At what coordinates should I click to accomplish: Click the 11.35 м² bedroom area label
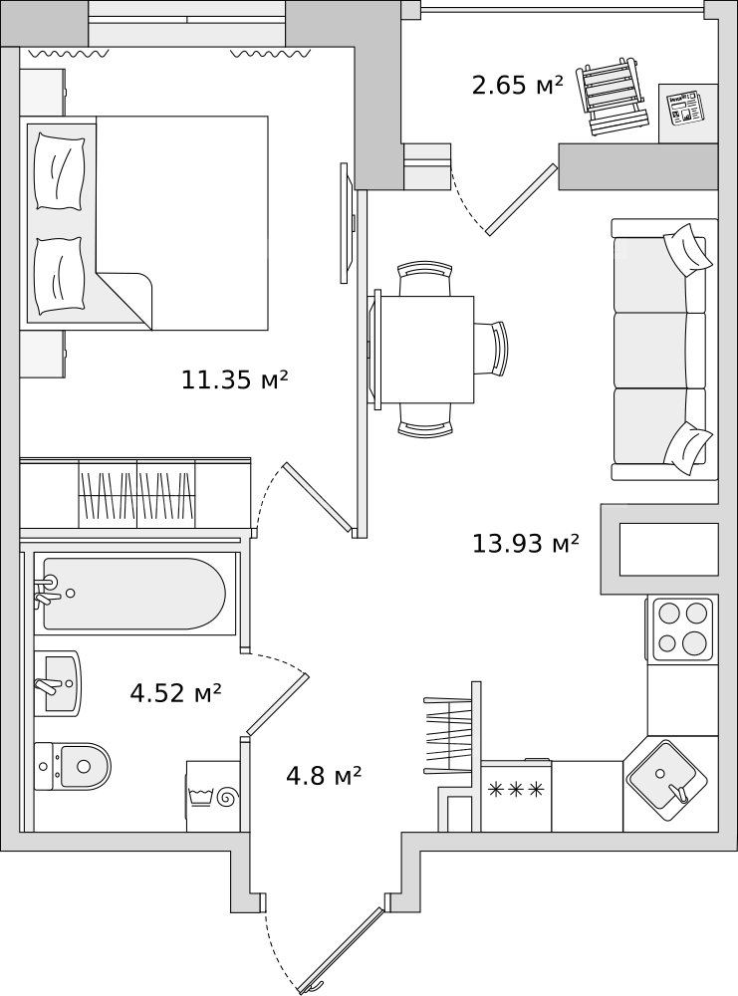[x=235, y=379]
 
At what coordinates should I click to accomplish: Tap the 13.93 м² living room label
[x=526, y=543]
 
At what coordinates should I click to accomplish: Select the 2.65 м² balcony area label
[x=518, y=85]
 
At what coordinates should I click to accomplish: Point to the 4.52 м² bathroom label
[x=176, y=693]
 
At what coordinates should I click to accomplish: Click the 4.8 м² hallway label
[x=324, y=776]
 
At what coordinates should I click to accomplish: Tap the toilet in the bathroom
[x=72, y=766]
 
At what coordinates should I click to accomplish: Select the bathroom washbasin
[x=57, y=683]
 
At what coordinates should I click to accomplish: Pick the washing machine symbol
[x=213, y=797]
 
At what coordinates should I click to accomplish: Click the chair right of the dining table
[x=493, y=349]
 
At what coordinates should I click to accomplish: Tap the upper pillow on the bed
[x=60, y=170]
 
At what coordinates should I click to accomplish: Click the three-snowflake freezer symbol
[x=516, y=790]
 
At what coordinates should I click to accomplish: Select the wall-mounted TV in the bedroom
[x=348, y=223]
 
